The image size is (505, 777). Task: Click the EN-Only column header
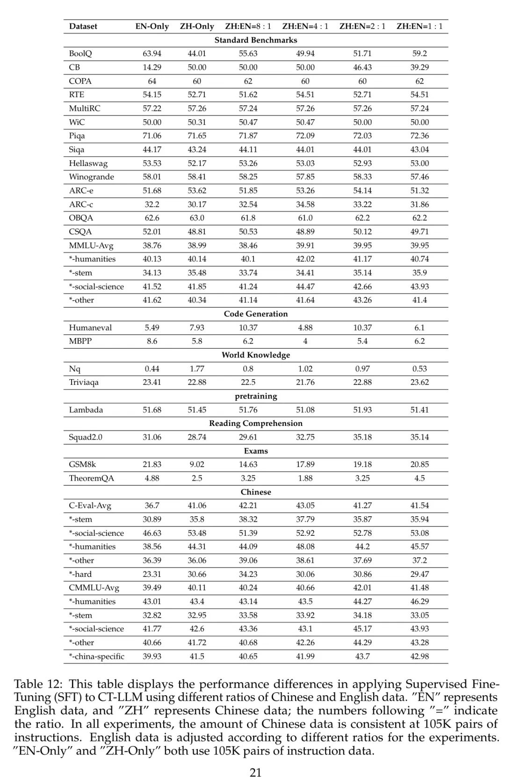coord(152,26)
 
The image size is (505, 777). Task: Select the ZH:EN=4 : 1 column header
coord(305,26)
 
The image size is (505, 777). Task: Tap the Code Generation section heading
coord(256,314)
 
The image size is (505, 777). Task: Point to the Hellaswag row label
coord(88,163)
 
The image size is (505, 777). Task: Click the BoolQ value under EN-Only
coord(152,53)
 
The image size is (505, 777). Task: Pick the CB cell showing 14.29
coord(152,67)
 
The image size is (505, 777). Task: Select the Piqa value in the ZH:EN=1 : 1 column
coord(419,136)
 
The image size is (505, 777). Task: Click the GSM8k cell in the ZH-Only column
coord(197,464)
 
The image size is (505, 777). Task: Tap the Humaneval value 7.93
coord(197,328)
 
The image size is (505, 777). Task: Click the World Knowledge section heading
coord(256,355)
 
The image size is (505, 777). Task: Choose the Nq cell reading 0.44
coord(152,369)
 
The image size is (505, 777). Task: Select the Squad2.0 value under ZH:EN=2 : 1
coord(362,437)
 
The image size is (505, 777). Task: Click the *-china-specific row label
coord(96,656)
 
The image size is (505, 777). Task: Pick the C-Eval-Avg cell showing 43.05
coord(305,505)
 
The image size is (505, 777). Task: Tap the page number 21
coord(256,772)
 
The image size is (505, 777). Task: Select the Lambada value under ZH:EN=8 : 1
coord(248,410)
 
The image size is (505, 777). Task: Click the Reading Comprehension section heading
coord(256,423)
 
